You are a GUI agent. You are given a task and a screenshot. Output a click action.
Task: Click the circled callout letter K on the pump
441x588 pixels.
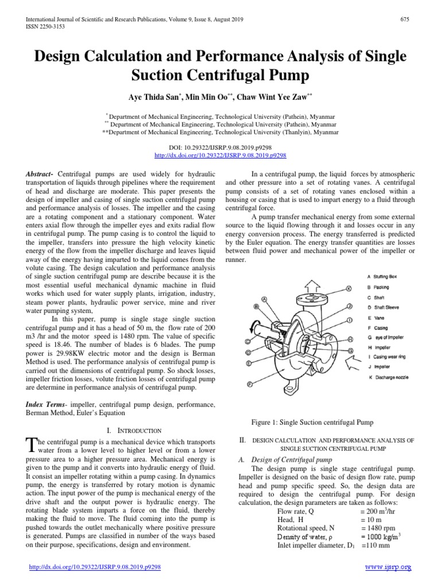coord(349,288)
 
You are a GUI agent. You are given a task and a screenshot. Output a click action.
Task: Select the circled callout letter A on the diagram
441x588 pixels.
coord(264,299)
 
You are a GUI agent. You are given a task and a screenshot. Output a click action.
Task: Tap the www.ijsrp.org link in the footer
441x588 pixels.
coord(389,567)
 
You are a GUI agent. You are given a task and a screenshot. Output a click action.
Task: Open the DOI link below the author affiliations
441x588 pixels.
coord(220,155)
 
